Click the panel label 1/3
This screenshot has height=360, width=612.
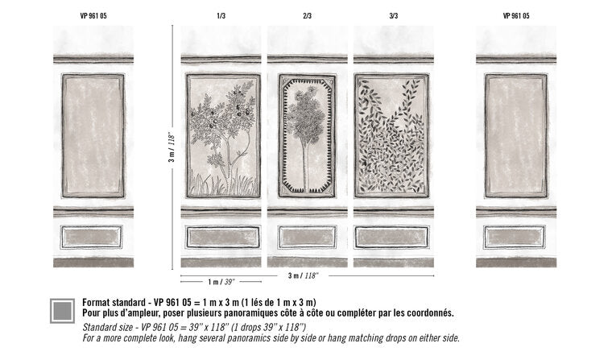click(221, 16)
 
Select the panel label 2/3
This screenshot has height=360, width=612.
click(307, 16)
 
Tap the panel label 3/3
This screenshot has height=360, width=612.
click(394, 16)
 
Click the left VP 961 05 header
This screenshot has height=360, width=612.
click(93, 16)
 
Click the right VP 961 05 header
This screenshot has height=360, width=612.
click(516, 16)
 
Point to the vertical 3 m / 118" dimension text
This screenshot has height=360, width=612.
click(172, 147)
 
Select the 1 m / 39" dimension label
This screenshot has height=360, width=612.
click(221, 282)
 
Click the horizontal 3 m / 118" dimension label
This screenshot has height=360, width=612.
click(304, 275)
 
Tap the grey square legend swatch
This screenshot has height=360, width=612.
click(63, 311)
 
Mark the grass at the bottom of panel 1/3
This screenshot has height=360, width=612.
click(224, 184)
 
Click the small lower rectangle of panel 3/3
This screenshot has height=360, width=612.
click(392, 237)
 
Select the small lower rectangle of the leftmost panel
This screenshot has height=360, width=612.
click(92, 237)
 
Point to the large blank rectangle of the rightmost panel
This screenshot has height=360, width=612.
click(516, 135)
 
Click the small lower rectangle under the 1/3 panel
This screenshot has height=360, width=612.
click(223, 237)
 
